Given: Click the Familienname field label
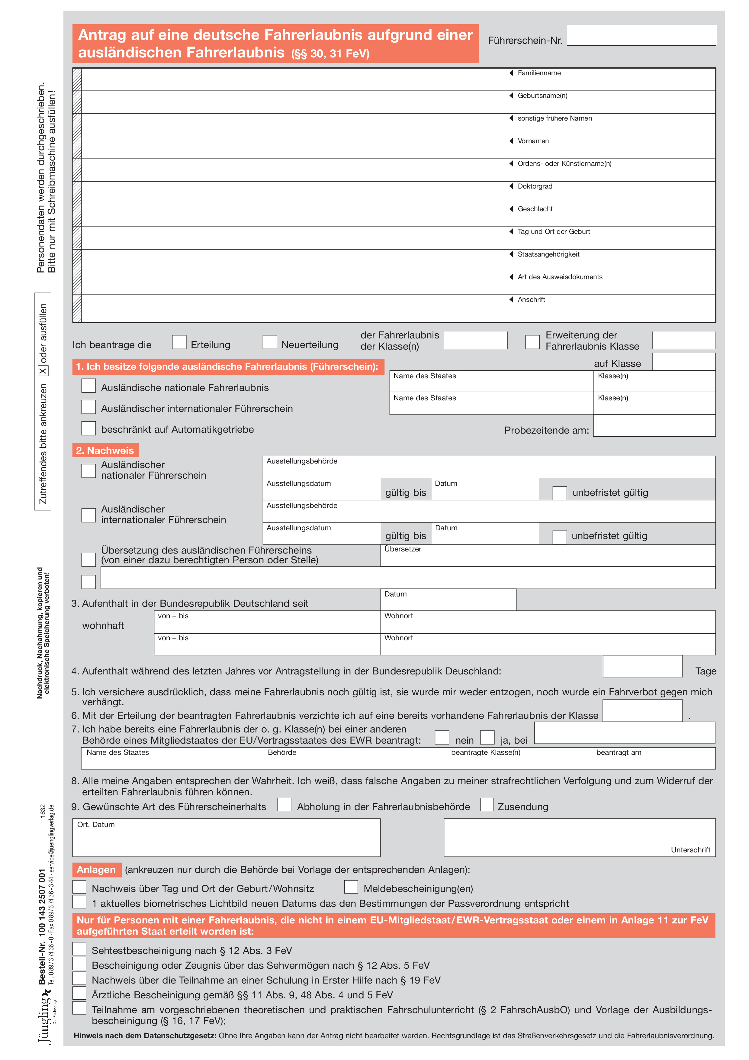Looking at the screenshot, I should point(539,73).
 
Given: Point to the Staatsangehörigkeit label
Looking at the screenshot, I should point(548,254).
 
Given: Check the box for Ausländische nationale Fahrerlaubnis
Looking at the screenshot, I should point(88,386).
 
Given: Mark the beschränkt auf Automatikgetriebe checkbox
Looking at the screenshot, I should point(88,428).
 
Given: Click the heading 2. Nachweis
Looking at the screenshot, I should point(105,450).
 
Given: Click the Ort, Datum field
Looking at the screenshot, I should point(226,838).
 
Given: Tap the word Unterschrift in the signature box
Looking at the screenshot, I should point(690,850).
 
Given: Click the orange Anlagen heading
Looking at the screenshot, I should point(96,870).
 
